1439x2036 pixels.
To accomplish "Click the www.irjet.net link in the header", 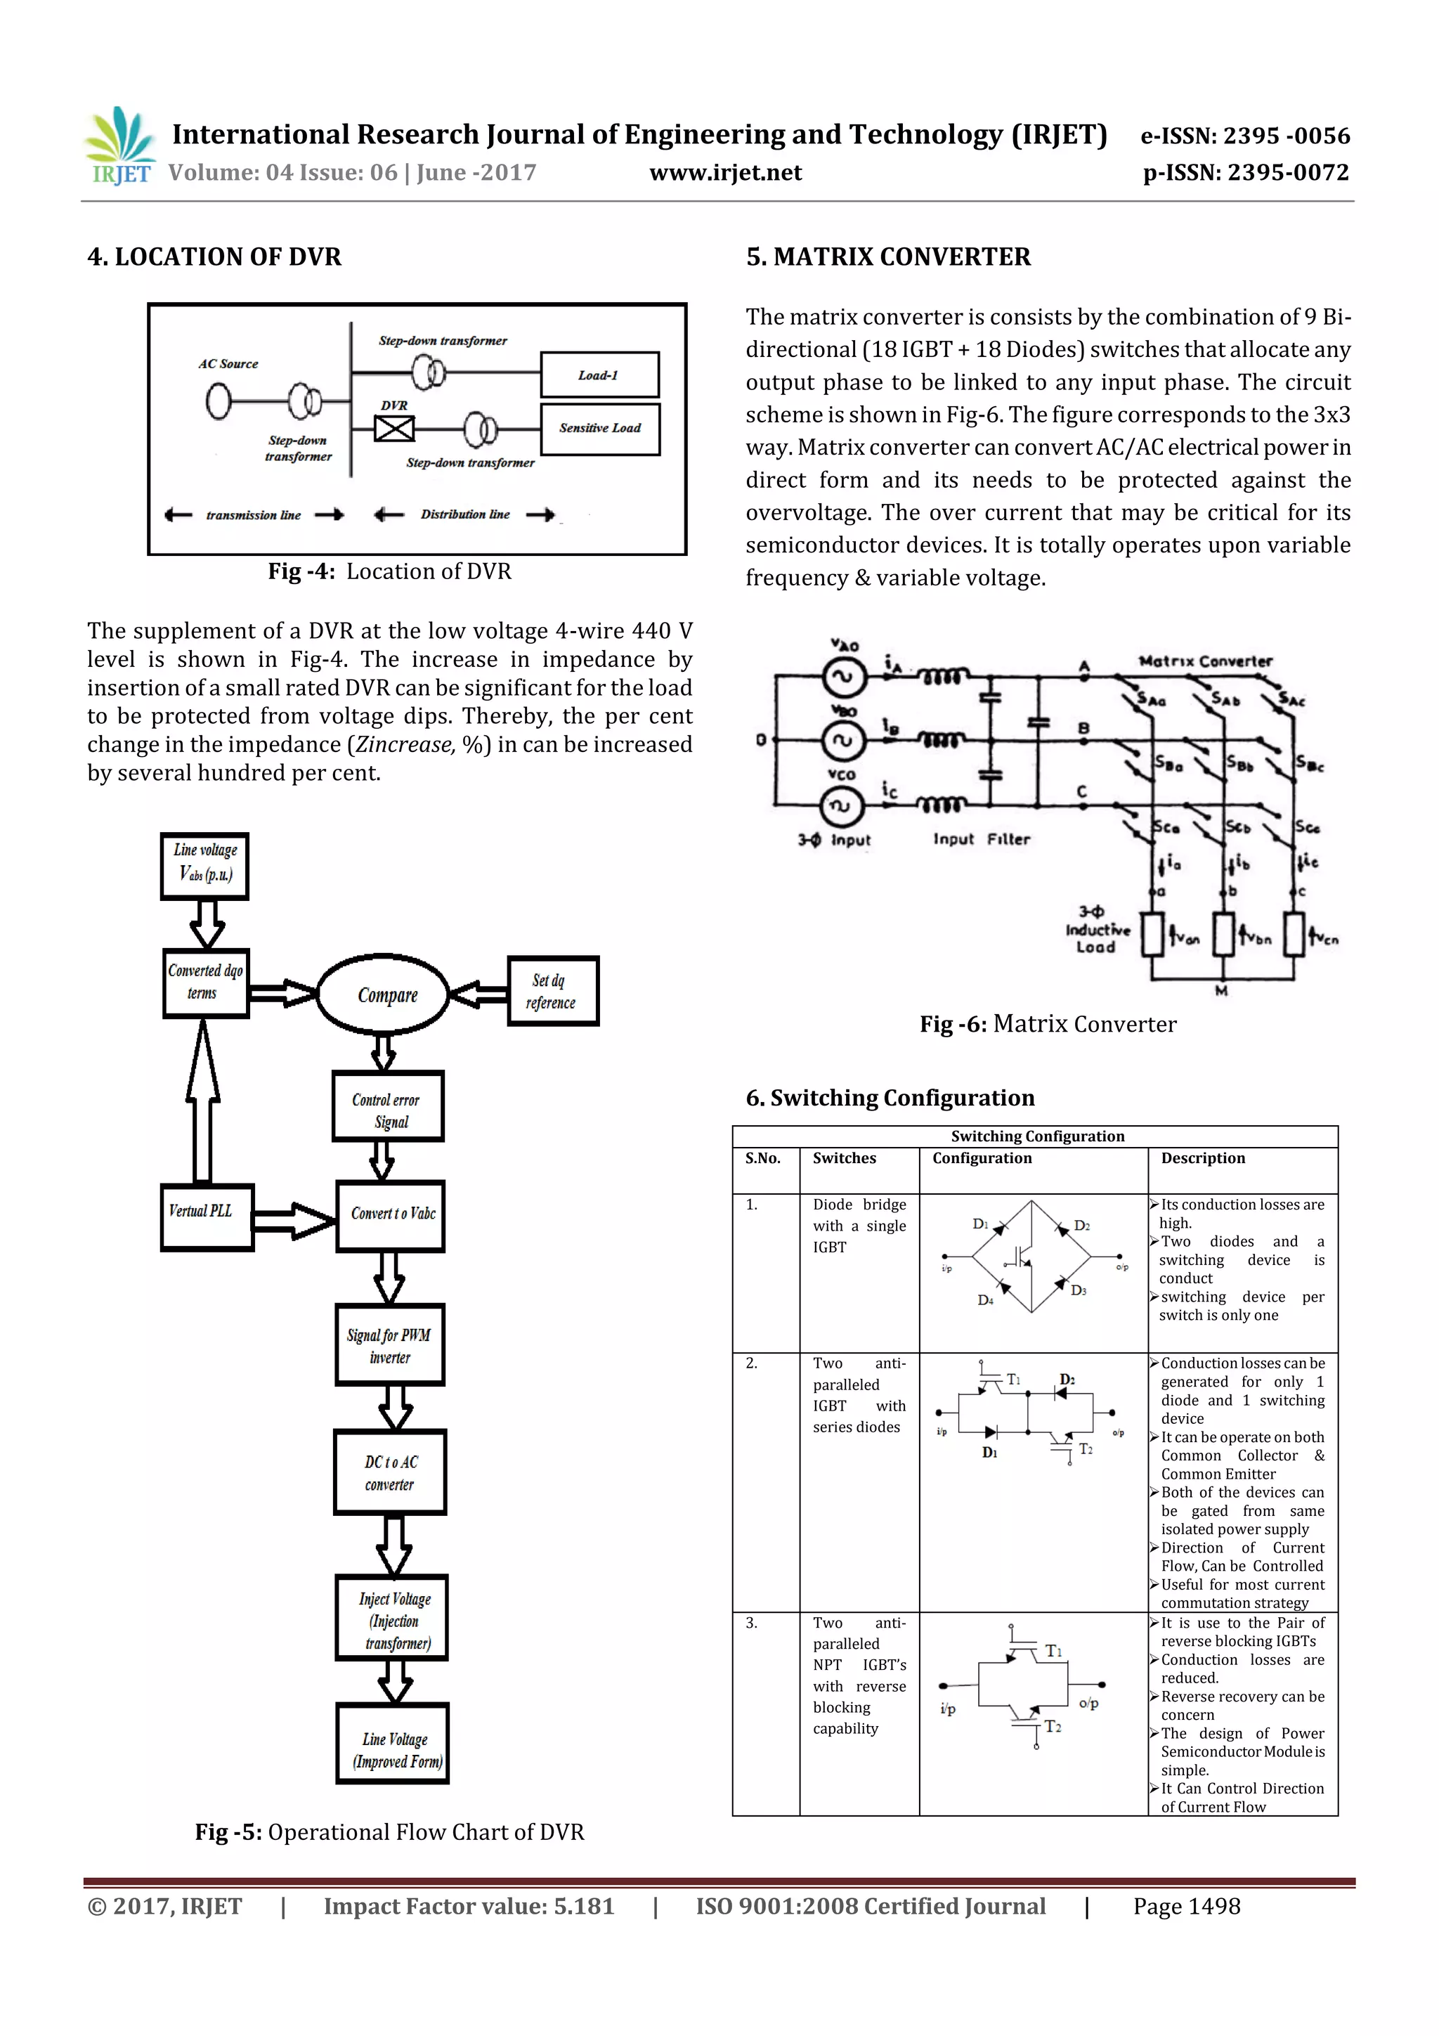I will click(x=725, y=173).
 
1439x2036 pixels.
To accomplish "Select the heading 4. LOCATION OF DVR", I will click(x=214, y=257).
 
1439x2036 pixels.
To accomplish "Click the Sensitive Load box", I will click(x=599, y=428).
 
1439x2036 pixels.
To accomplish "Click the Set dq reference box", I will click(x=552, y=992).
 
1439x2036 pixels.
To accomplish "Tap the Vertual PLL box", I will click(x=207, y=1217).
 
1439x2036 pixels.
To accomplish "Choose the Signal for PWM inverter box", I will click(x=389, y=1345).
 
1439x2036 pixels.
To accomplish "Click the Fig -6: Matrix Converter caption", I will click(x=1048, y=1024).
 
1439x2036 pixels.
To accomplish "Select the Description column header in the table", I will click(x=1202, y=1158).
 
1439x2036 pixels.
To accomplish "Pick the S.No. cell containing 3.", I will click(x=752, y=1623).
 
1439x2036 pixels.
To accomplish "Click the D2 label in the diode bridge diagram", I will click(x=1081, y=1226).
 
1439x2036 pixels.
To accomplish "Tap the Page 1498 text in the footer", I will click(x=1186, y=1907).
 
